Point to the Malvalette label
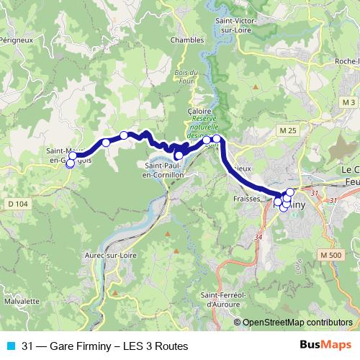coord(21,301)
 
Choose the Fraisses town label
coord(246,197)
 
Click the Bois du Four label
coord(186,76)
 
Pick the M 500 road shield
coord(330,256)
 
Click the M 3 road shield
coord(349,103)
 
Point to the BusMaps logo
coord(325,346)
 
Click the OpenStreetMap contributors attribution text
coord(297,323)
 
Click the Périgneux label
coord(16,41)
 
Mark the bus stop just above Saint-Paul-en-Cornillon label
coord(179,155)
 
